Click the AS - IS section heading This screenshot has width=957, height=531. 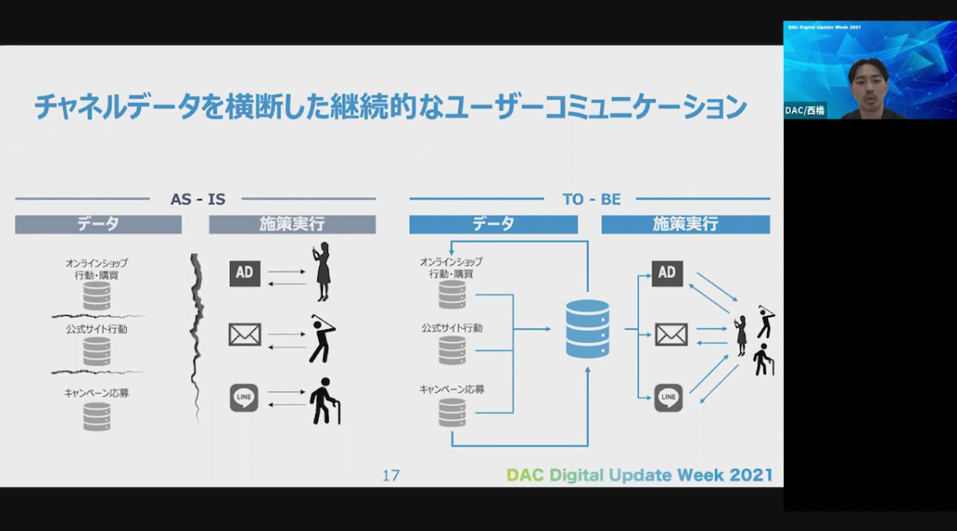[198, 199]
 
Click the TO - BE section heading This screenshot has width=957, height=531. [591, 199]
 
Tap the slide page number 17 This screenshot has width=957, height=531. [391, 475]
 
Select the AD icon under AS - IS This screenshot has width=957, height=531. [245, 273]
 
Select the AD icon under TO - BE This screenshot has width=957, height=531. [667, 273]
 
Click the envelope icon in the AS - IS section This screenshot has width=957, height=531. [245, 335]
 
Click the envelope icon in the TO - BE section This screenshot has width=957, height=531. [671, 335]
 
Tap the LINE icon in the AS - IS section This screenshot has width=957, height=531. [244, 398]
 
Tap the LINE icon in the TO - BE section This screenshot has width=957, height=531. [668, 398]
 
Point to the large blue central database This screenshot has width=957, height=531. [588, 328]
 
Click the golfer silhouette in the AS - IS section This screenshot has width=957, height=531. [322, 339]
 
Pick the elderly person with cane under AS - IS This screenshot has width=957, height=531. [325, 401]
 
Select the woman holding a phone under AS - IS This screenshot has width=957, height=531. [322, 272]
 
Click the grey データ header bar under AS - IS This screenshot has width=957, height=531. [98, 224]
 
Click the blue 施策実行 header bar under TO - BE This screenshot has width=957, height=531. [686, 224]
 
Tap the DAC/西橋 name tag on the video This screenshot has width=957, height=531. [805, 111]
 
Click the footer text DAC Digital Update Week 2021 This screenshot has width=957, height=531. [640, 475]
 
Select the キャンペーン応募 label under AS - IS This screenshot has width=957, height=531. [96, 393]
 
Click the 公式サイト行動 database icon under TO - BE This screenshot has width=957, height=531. [452, 350]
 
